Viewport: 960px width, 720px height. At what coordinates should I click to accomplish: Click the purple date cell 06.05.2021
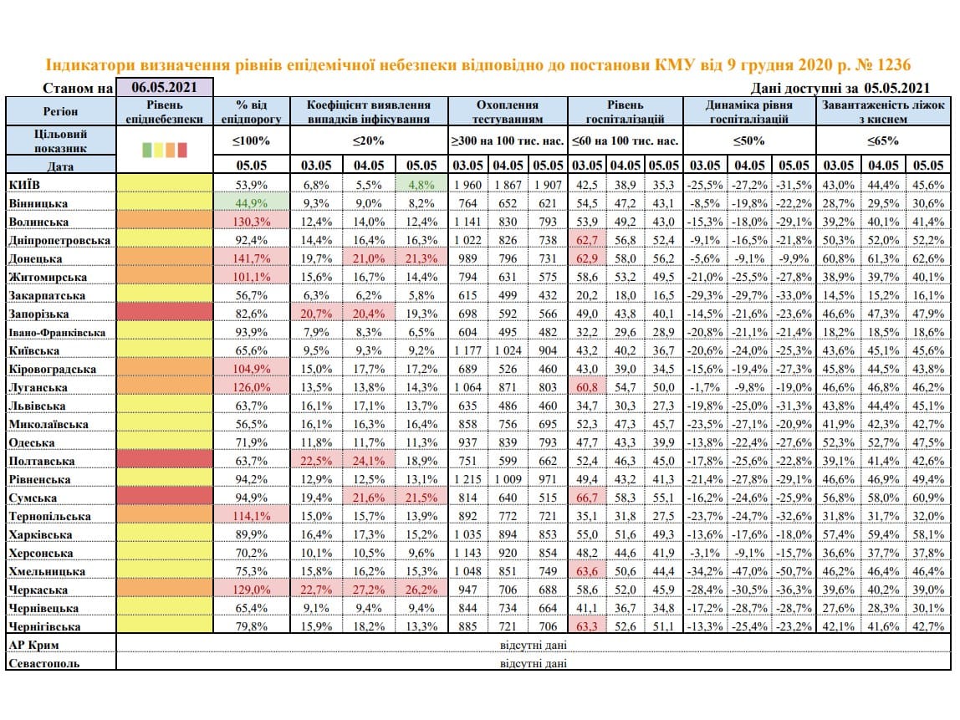(164, 87)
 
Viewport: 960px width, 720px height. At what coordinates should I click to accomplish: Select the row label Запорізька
(38, 314)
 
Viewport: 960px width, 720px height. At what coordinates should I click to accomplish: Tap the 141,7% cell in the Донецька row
(252, 258)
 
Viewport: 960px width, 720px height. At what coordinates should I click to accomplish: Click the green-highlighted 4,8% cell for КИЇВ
(421, 184)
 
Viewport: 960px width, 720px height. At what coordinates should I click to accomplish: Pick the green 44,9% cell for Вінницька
(252, 202)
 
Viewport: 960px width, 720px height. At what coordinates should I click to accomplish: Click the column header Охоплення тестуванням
(508, 111)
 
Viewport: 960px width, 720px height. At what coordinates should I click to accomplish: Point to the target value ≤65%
(883, 140)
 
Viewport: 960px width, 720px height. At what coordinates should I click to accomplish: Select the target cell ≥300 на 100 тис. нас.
(508, 140)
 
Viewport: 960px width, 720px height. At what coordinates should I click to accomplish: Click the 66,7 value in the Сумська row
(587, 498)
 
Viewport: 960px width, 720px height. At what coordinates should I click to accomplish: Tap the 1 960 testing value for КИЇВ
(467, 184)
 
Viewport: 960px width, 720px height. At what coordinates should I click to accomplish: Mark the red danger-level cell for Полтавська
(164, 461)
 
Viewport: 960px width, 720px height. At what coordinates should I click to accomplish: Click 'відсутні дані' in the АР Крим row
(534, 645)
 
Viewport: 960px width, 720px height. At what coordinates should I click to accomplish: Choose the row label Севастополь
(44, 663)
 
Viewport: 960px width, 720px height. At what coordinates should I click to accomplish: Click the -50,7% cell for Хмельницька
(794, 571)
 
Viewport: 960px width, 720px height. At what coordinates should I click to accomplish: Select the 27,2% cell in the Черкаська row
(369, 590)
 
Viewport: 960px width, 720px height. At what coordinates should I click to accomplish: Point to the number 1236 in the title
(894, 65)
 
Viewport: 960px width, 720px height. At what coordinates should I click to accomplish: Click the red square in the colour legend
(181, 150)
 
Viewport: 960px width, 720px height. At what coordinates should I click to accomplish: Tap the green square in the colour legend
(147, 150)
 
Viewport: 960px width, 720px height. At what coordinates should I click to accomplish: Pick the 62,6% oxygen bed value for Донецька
(928, 258)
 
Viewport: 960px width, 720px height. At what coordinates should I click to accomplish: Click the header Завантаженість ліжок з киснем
(883, 111)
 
